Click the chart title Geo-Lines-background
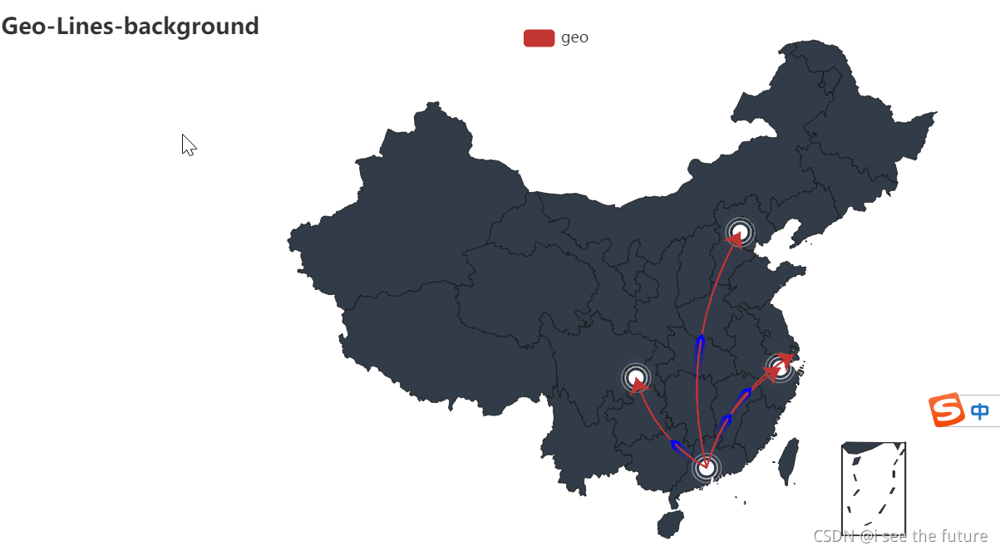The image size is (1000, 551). [131, 27]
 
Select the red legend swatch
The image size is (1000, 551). [539, 38]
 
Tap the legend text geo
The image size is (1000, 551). [574, 37]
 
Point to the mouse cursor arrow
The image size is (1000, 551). [188, 145]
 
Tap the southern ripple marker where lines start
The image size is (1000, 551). [706, 468]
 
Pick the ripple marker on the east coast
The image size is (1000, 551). [780, 366]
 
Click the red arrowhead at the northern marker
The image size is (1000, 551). [734, 240]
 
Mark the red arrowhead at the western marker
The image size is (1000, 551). [639, 385]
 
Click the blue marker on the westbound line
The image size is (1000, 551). [675, 445]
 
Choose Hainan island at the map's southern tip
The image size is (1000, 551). [670, 524]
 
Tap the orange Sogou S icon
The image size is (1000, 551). [944, 411]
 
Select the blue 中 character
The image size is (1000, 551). [980, 411]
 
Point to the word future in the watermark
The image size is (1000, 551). [965, 536]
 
